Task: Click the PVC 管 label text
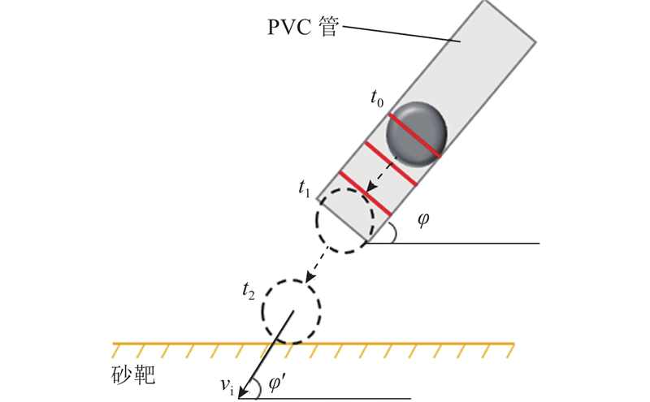(303, 28)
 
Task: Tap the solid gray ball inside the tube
(416, 134)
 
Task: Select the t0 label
(377, 99)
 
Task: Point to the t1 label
(304, 188)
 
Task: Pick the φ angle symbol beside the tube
(422, 219)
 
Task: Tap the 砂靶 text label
(133, 375)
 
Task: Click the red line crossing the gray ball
(414, 136)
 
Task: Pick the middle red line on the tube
(391, 163)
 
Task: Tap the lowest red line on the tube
(365, 192)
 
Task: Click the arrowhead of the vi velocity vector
(242, 393)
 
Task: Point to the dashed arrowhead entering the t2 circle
(310, 278)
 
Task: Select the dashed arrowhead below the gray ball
(370, 186)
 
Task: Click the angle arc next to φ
(394, 231)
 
